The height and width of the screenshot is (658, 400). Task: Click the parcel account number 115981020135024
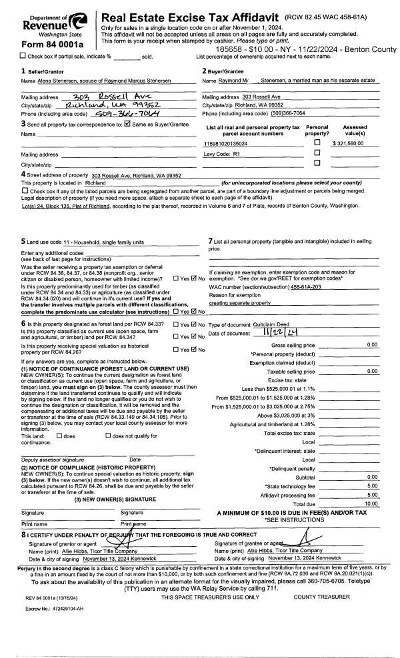click(225, 144)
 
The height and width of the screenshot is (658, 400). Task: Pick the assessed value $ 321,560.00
click(353, 144)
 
